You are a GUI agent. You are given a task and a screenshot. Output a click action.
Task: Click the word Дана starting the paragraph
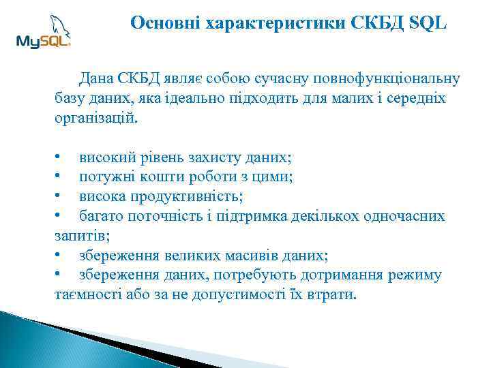click(98, 78)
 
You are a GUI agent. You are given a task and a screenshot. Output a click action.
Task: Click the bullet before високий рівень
click(59, 157)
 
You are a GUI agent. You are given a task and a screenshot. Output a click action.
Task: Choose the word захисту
click(218, 157)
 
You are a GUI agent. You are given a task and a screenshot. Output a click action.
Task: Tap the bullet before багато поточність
click(59, 217)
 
